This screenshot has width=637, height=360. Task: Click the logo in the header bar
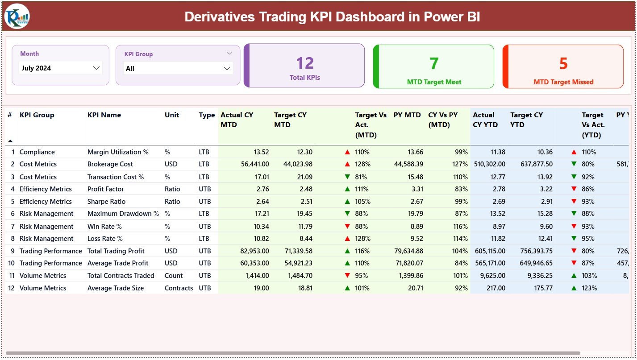coord(17,17)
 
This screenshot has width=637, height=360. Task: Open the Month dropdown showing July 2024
coord(61,68)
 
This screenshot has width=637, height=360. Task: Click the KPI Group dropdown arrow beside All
coord(227,69)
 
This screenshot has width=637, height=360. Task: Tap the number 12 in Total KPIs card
coord(305,63)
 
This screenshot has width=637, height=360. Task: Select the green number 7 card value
coord(434,64)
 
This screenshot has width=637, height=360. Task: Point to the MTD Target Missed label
coord(563,82)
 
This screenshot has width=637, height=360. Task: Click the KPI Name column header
coord(104,115)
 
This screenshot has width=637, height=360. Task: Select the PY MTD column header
coord(407,115)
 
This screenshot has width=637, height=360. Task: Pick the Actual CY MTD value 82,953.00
coord(254,251)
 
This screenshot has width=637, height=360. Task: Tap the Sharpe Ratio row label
coord(106,202)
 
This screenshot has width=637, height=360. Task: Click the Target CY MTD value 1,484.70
coord(298,276)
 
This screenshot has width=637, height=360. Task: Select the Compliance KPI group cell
coord(37,152)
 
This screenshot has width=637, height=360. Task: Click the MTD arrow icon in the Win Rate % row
coord(347,227)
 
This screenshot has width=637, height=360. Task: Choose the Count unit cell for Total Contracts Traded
coord(174,276)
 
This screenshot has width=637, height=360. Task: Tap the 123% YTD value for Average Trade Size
coord(589,288)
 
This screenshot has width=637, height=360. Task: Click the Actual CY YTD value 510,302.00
coord(489,164)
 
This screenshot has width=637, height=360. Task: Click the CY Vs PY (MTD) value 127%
coord(460,164)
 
